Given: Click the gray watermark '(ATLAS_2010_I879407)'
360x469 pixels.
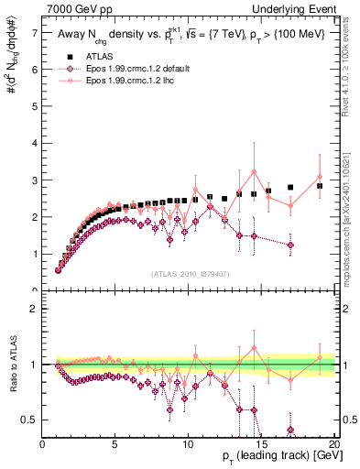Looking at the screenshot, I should [x=189, y=273].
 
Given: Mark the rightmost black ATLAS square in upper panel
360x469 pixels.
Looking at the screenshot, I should [x=320, y=186].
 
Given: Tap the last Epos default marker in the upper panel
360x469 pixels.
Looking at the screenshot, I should [x=290, y=245].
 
